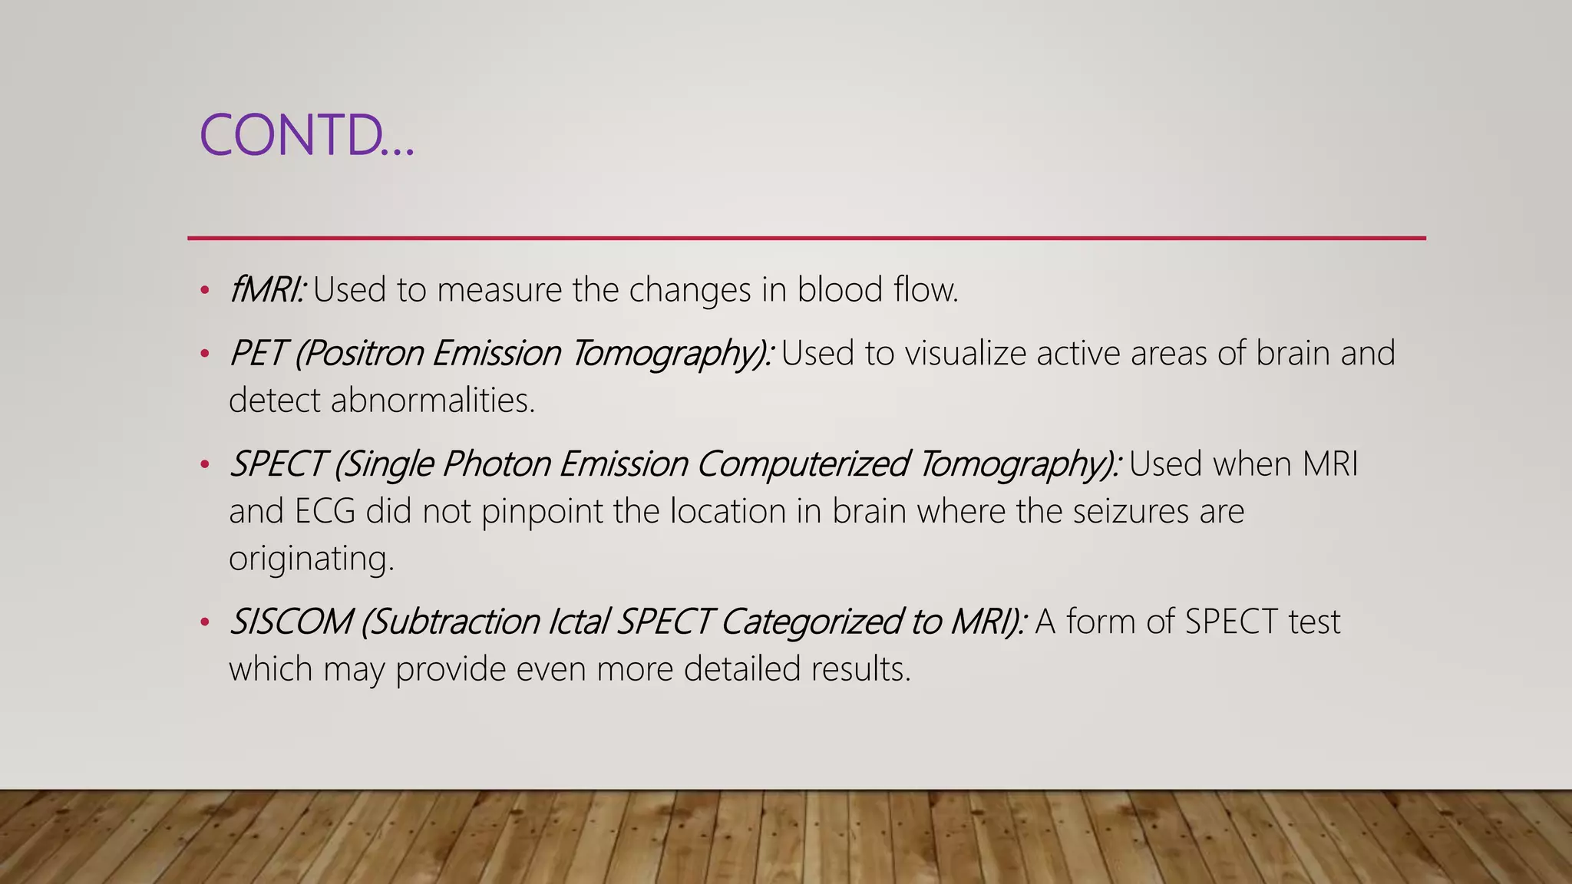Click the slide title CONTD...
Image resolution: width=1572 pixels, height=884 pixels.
[x=305, y=135]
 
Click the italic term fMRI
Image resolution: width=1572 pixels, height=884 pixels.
[x=267, y=290]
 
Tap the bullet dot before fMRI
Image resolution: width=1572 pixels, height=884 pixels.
[x=204, y=291]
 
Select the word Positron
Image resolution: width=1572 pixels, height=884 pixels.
[x=358, y=354]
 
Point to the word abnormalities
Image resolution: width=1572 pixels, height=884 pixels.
[x=432, y=401]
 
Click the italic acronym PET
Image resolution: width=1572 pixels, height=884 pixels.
[x=257, y=354]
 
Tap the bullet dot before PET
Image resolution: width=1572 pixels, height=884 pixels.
[x=204, y=354]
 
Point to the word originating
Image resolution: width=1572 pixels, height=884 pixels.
[x=311, y=559]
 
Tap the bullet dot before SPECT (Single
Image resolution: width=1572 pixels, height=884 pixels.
[x=204, y=464]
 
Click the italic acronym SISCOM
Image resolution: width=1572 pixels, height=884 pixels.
[x=291, y=622]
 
